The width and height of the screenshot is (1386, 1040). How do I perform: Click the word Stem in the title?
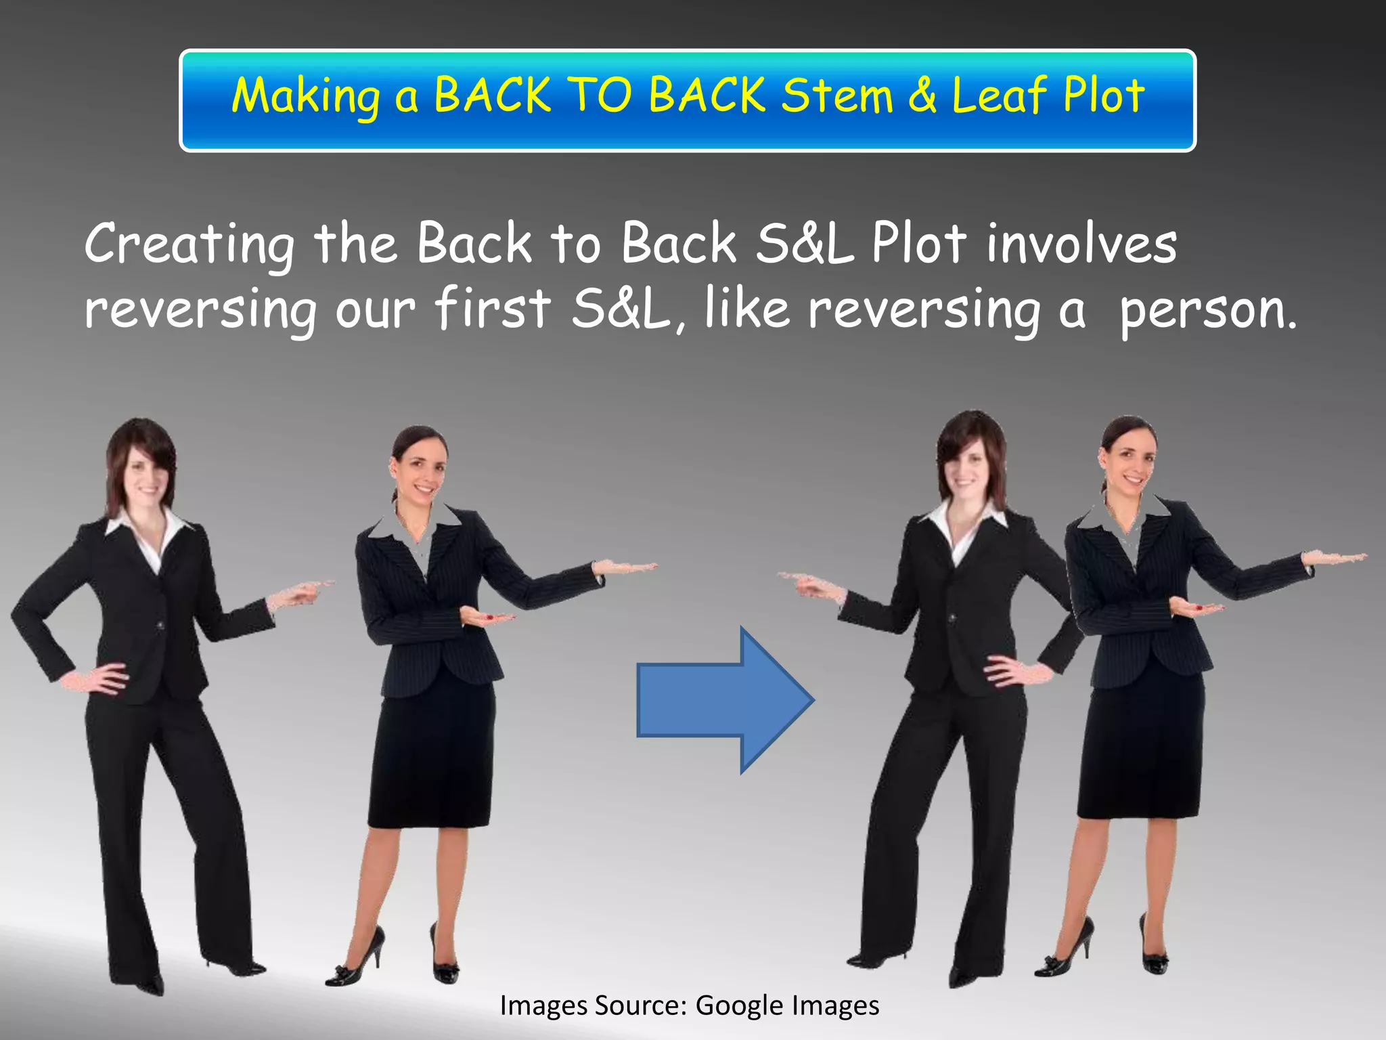837,95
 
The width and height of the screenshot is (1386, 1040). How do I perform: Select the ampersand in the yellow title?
922,95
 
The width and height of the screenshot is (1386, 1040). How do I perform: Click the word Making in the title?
306,97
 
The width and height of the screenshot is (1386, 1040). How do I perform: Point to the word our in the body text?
375,311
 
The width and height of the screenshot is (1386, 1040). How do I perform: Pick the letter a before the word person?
1071,312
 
